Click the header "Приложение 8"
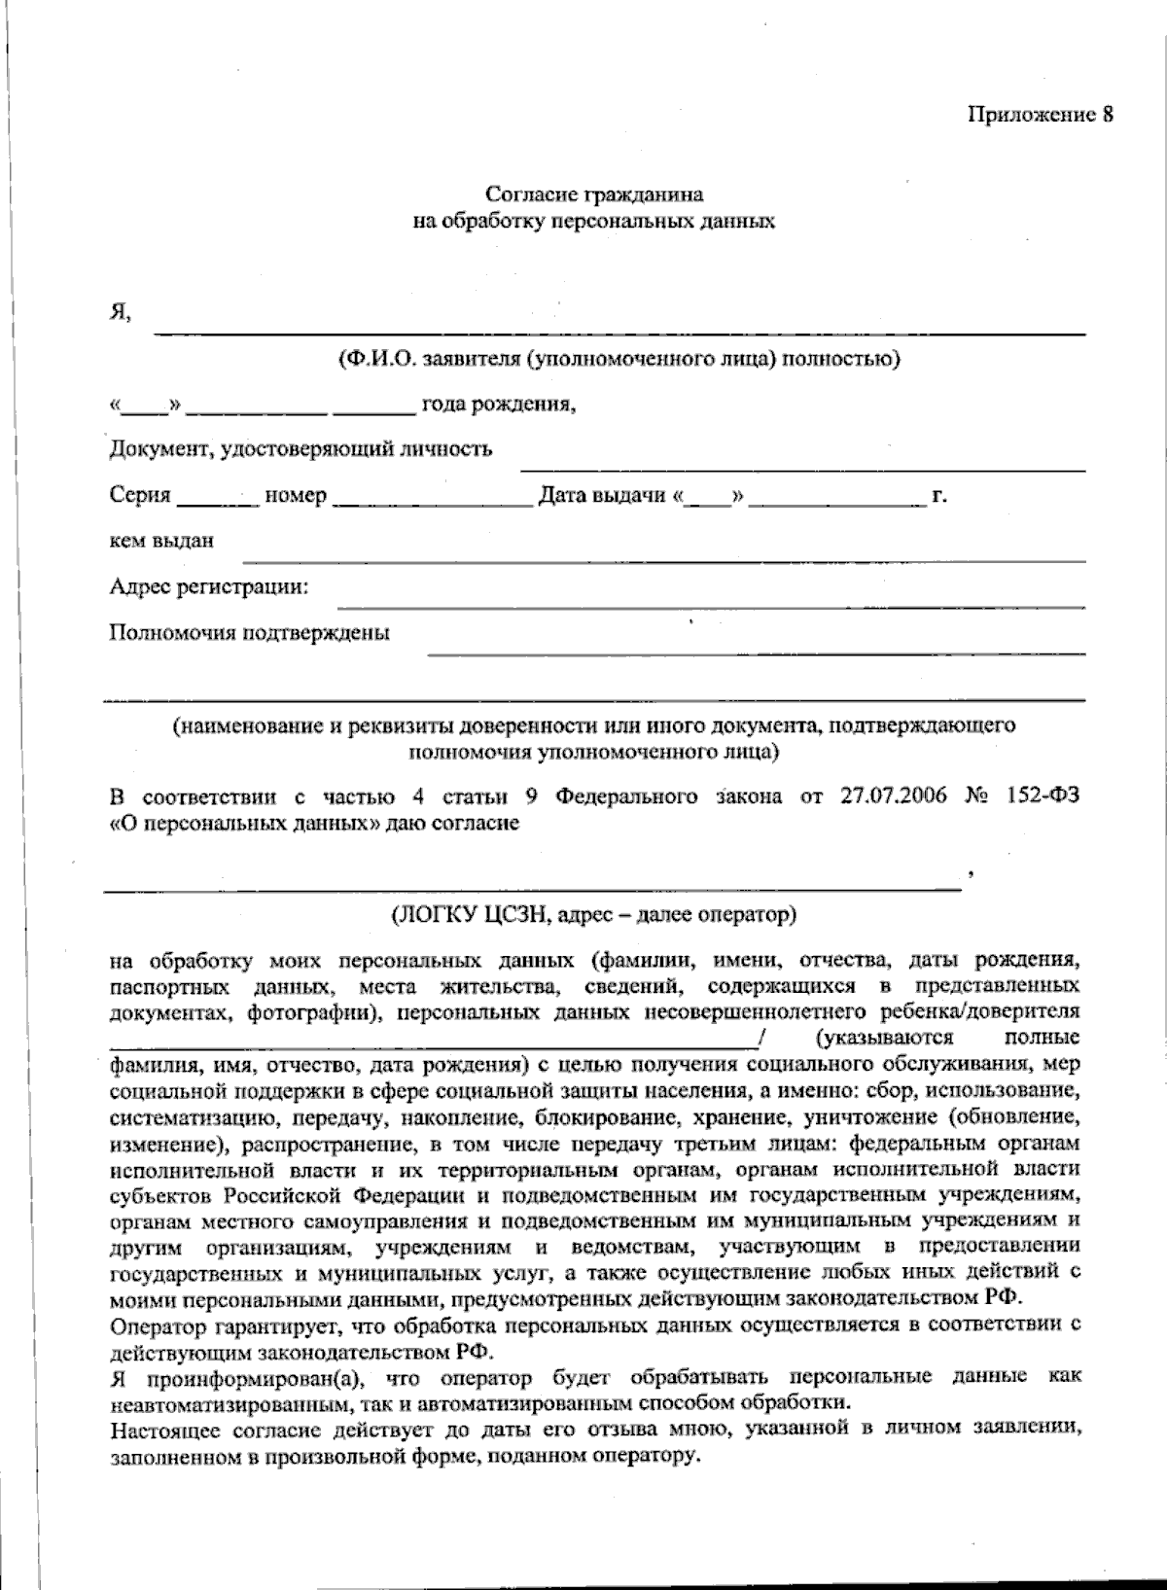tap(1040, 115)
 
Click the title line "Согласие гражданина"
tap(594, 195)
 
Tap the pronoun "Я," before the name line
tap(120, 313)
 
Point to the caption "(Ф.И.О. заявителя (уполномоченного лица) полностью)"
tap(619, 359)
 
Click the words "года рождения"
tap(498, 404)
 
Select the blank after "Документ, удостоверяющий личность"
tap(802, 468)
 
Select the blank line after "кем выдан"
tap(663, 558)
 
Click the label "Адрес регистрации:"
tap(209, 586)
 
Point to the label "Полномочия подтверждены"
tap(250, 633)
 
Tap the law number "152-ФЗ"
tap(1043, 796)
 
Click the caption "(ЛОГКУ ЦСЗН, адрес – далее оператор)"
tap(593, 915)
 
